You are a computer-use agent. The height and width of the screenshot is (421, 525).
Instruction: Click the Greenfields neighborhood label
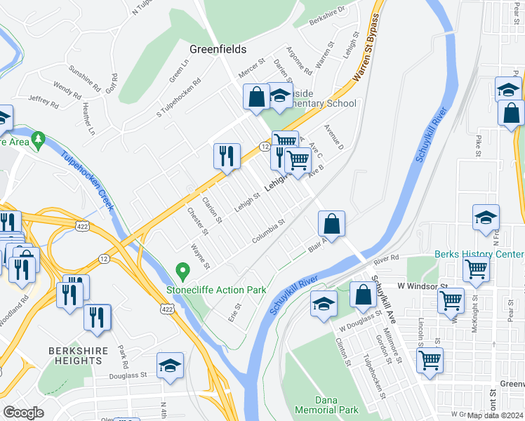coord(218,49)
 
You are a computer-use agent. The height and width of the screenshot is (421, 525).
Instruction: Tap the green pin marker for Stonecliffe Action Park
coord(182,270)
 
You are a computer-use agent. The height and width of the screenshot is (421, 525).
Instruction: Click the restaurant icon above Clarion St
coord(227,156)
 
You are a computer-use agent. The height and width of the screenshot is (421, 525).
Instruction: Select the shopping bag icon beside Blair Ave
coord(331,225)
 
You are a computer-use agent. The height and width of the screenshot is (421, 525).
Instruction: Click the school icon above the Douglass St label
coord(170,366)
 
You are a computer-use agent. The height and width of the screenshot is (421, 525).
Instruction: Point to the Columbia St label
coord(268,232)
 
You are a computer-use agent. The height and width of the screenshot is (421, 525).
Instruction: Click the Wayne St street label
coord(200,256)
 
